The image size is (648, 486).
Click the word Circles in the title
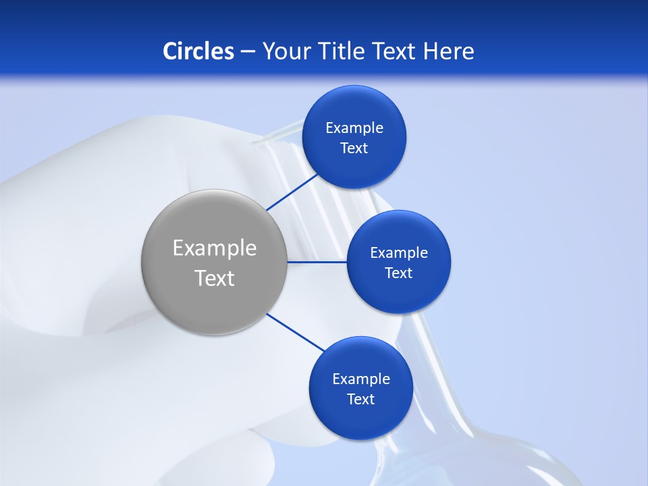point(198,51)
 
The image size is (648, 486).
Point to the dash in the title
point(248,52)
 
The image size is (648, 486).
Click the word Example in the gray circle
point(214,248)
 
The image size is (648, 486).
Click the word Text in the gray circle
point(214,278)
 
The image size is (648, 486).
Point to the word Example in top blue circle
point(354,128)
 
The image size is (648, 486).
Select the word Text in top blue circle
point(354,148)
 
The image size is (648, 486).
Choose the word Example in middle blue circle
point(398,253)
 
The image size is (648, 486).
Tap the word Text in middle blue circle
point(398,273)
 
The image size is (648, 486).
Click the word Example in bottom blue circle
point(360,379)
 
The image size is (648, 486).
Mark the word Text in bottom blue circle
point(360,400)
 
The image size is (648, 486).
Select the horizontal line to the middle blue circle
point(317,262)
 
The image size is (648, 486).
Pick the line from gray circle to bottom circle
point(296,332)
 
